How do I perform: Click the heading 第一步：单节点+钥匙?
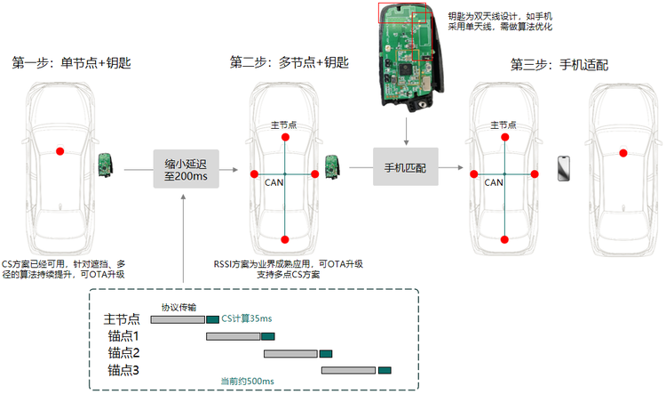71,63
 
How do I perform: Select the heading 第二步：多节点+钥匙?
289,62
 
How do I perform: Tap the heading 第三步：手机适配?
559,65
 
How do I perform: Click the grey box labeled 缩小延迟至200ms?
186,169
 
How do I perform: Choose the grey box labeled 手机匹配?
406,167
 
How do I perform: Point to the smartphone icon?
564,168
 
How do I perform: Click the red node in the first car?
60,151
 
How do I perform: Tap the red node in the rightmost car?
623,153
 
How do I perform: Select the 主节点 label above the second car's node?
284,125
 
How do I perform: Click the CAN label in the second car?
274,182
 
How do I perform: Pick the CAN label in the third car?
494,182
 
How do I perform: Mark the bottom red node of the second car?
285,239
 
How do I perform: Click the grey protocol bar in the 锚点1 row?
234,336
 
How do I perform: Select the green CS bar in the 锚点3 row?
385,370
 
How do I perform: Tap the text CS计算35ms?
247,318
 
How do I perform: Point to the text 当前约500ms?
247,382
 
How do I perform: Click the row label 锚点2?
123,353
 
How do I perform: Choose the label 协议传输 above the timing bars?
178,307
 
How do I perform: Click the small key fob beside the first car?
106,165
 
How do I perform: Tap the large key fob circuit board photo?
410,58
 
